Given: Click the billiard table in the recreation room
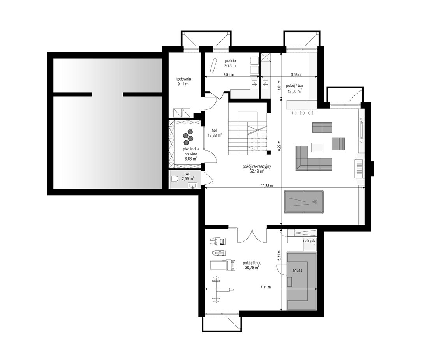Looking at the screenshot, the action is tap(303, 202).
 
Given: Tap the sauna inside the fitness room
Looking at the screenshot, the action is tap(301, 281).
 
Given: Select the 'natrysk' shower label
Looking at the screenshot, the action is tap(309, 240).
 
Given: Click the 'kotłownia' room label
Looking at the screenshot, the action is tap(183, 79).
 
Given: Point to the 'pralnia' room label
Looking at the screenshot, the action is tap(231, 61).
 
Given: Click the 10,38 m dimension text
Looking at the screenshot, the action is tap(267, 185).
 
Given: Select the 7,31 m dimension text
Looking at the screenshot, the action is tap(266, 287).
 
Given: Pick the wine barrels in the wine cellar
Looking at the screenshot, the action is tap(188, 136).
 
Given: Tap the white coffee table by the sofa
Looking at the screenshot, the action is tap(317, 147).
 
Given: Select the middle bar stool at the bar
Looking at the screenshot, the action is tap(303, 113).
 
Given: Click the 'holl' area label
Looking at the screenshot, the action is tap(215, 131).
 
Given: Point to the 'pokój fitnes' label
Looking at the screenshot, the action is tap(252, 263).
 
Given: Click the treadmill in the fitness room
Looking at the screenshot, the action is tap(223, 265).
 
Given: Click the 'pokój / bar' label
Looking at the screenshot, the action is tap(294, 85).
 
